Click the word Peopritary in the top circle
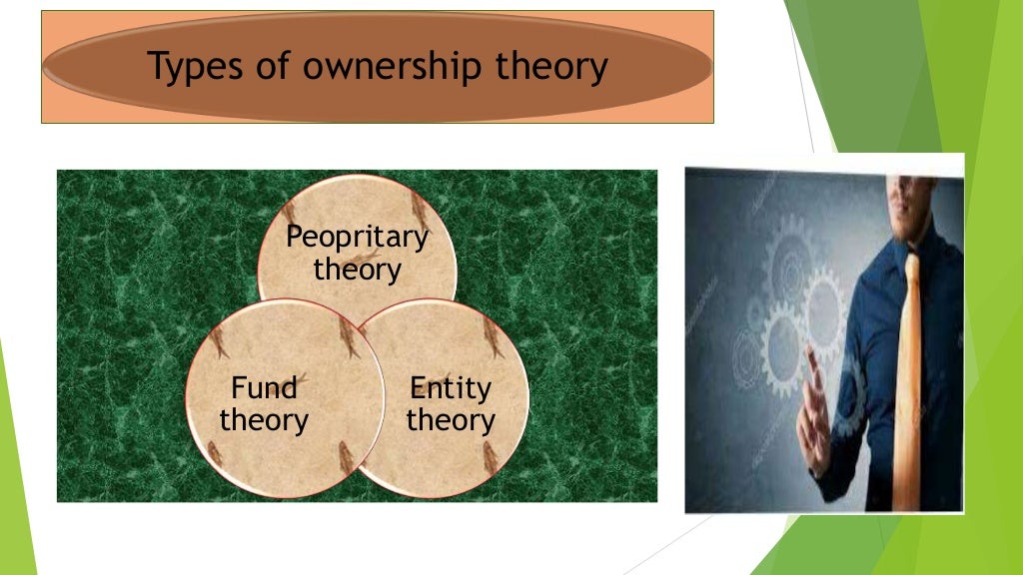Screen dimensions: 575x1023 (x=357, y=238)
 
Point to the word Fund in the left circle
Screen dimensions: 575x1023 (x=264, y=387)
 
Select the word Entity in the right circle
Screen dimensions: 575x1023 (x=451, y=387)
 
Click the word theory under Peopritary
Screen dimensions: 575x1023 (x=357, y=270)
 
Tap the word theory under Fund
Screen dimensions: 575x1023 (x=264, y=419)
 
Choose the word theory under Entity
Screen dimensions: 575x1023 (x=451, y=419)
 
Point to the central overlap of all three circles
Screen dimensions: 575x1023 (x=357, y=329)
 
